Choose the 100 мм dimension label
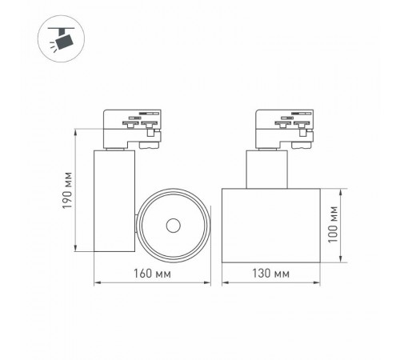[353, 226]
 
